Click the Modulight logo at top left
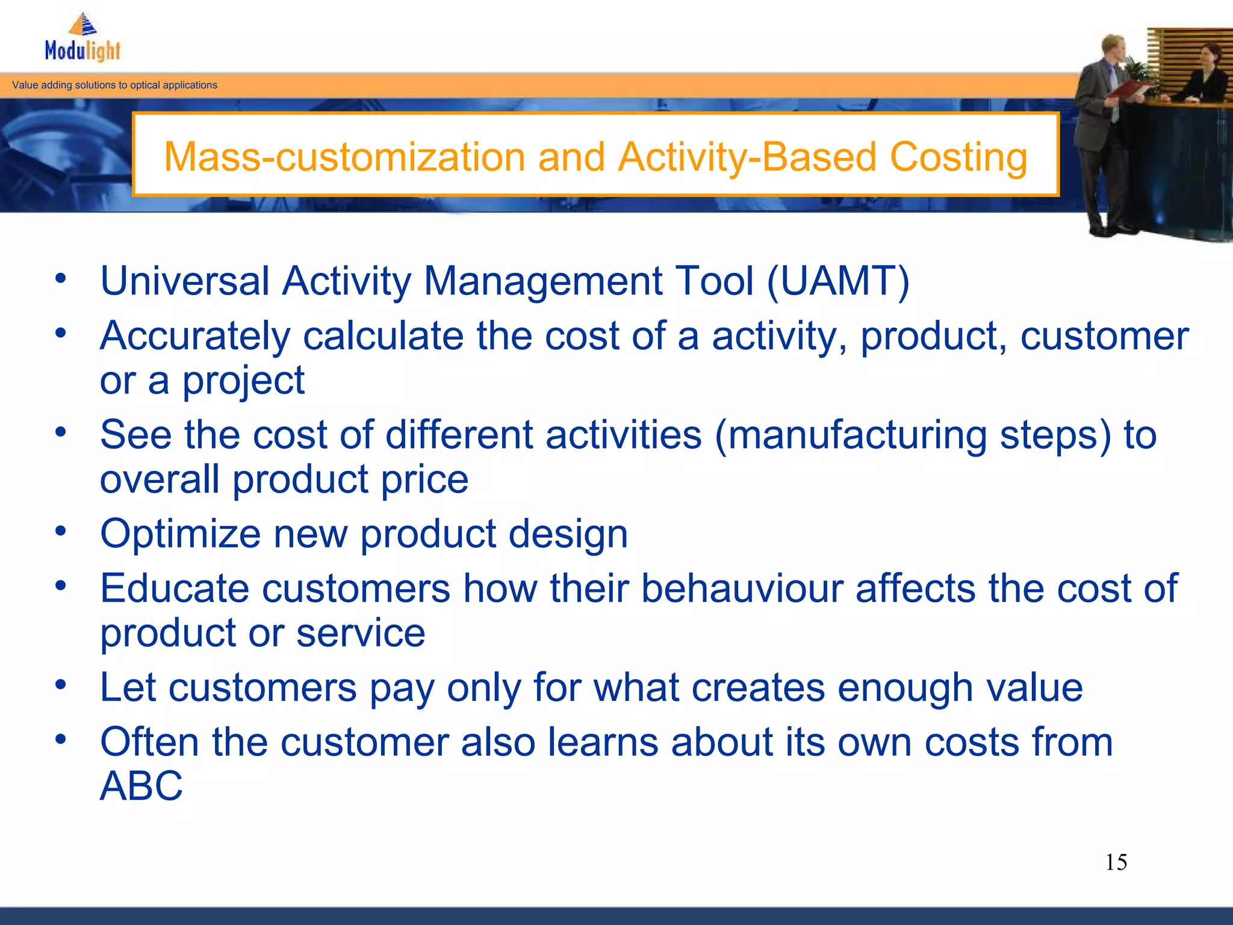tap(83, 40)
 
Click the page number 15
tap(1116, 862)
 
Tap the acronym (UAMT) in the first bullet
tap(837, 281)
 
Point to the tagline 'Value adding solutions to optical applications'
tap(114, 85)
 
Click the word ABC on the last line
tap(141, 786)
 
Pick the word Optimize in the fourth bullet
tap(180, 534)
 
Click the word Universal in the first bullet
tap(184, 281)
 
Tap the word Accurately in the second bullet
tap(195, 336)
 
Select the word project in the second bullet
tap(243, 381)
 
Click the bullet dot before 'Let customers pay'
tap(60, 685)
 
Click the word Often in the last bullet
tap(149, 742)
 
